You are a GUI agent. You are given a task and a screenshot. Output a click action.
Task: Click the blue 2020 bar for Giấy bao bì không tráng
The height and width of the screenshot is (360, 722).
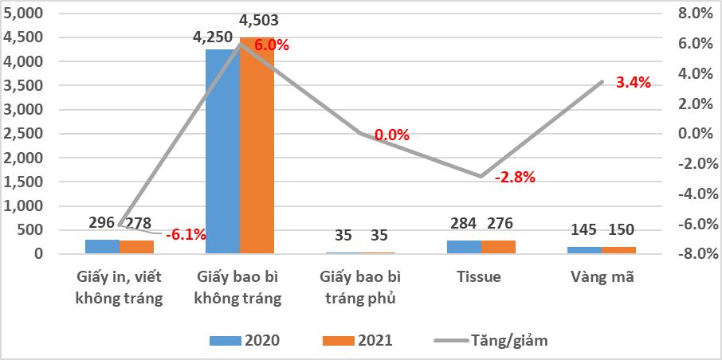pyautogui.click(x=222, y=151)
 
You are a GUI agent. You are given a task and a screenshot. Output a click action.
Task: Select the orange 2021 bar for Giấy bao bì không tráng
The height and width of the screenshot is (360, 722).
pyautogui.click(x=257, y=151)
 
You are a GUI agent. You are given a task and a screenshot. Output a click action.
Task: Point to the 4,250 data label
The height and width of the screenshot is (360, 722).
pyautogui.click(x=213, y=37)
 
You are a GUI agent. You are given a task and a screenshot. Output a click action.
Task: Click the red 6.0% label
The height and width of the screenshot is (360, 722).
pyautogui.click(x=272, y=45)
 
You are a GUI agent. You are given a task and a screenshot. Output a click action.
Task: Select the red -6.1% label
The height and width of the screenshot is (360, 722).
pyautogui.click(x=186, y=234)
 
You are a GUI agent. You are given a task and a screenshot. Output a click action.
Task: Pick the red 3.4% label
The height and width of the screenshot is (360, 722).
pyautogui.click(x=634, y=82)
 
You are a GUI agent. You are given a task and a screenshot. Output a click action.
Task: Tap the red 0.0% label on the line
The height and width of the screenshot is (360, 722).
pyautogui.click(x=391, y=135)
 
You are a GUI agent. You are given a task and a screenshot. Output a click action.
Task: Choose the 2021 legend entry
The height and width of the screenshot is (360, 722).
pyautogui.click(x=358, y=340)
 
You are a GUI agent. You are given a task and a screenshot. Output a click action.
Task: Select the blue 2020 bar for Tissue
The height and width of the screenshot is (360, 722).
pyautogui.click(x=464, y=247)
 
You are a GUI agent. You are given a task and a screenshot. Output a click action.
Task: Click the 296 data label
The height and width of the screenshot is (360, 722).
pyautogui.click(x=100, y=223)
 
